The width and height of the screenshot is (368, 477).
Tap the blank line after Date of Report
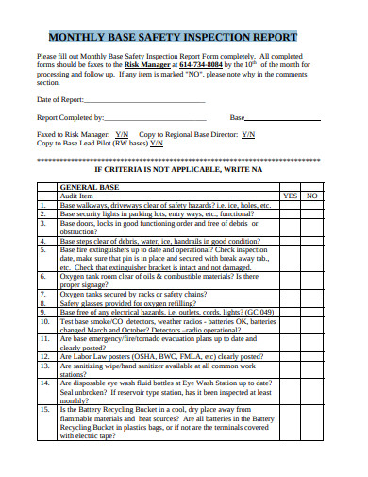pos(150,99)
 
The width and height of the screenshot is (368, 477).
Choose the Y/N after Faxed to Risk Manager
pos(122,135)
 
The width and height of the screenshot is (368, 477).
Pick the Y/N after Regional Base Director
pos(248,135)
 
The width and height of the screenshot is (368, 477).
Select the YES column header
pos(291,196)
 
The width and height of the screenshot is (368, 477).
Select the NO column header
pos(313,196)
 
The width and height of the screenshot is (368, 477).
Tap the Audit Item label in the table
pos(77,196)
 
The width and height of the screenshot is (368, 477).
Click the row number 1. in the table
pos(43,205)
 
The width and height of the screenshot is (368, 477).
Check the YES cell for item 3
pos(291,227)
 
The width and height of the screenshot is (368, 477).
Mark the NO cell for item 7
pos(313,294)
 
